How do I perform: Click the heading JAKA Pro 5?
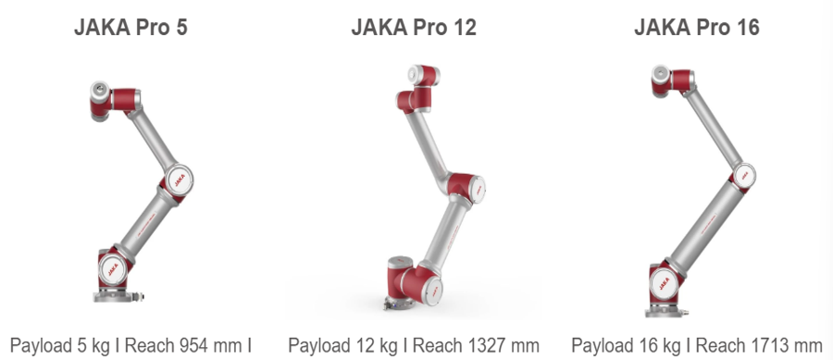point(131,27)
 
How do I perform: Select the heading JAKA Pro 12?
point(414,27)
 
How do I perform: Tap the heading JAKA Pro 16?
point(697,27)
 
